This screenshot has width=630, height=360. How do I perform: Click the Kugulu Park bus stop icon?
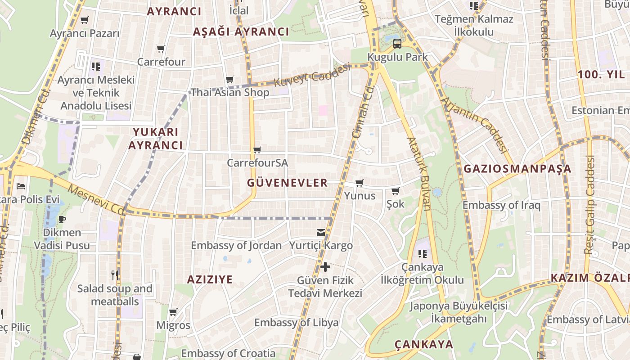coord(397,44)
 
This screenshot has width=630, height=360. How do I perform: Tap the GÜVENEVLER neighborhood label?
coord(287,183)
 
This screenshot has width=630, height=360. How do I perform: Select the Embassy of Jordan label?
coord(236,245)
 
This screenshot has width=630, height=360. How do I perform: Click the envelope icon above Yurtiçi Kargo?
coord(321,232)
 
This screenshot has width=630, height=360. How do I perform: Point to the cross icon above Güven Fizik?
coord(325,267)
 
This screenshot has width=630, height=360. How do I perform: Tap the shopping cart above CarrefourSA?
coord(257,149)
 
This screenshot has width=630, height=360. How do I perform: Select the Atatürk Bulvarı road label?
coord(418,173)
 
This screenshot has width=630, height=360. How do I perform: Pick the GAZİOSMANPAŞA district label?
coord(517,169)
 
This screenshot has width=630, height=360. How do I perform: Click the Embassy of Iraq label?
coord(501,205)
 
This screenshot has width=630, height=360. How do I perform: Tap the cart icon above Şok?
coord(395,191)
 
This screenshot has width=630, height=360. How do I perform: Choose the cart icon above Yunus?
coord(359,183)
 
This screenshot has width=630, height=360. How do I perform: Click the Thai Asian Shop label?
coord(230,92)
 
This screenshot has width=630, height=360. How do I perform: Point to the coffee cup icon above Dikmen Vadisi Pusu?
coord(62,220)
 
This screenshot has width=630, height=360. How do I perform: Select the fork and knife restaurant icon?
coord(115,274)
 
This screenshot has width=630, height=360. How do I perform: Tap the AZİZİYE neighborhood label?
coord(210,279)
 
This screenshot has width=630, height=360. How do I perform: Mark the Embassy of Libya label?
coord(296,323)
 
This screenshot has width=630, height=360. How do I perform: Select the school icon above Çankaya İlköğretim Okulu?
coord(422,254)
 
